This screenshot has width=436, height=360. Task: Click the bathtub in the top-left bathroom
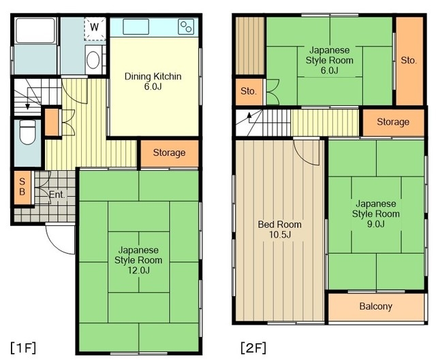click(x=35, y=30)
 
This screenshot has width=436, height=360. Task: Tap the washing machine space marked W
click(x=95, y=29)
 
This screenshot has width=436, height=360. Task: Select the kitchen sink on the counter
click(x=136, y=27)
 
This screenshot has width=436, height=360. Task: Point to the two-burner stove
click(x=186, y=27)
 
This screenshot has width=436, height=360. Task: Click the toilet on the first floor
click(x=27, y=132)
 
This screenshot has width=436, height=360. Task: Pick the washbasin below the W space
click(x=93, y=60)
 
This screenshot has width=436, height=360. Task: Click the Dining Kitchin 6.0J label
click(x=153, y=81)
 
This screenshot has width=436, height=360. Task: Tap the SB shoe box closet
click(x=22, y=187)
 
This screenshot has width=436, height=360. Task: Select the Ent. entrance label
click(x=57, y=195)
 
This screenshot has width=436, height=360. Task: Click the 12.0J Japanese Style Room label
click(x=138, y=260)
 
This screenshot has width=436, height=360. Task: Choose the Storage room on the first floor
click(x=170, y=153)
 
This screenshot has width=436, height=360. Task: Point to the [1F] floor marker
click(x=23, y=348)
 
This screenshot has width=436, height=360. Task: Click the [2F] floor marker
click(x=253, y=348)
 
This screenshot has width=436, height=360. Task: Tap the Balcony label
click(x=376, y=306)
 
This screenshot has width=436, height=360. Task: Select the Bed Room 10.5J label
click(x=280, y=229)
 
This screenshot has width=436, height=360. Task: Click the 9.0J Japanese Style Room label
click(x=376, y=214)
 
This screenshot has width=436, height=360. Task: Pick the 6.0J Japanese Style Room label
click(x=330, y=60)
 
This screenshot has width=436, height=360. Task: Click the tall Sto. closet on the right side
click(x=409, y=61)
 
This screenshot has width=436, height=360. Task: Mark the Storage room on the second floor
click(x=393, y=122)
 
